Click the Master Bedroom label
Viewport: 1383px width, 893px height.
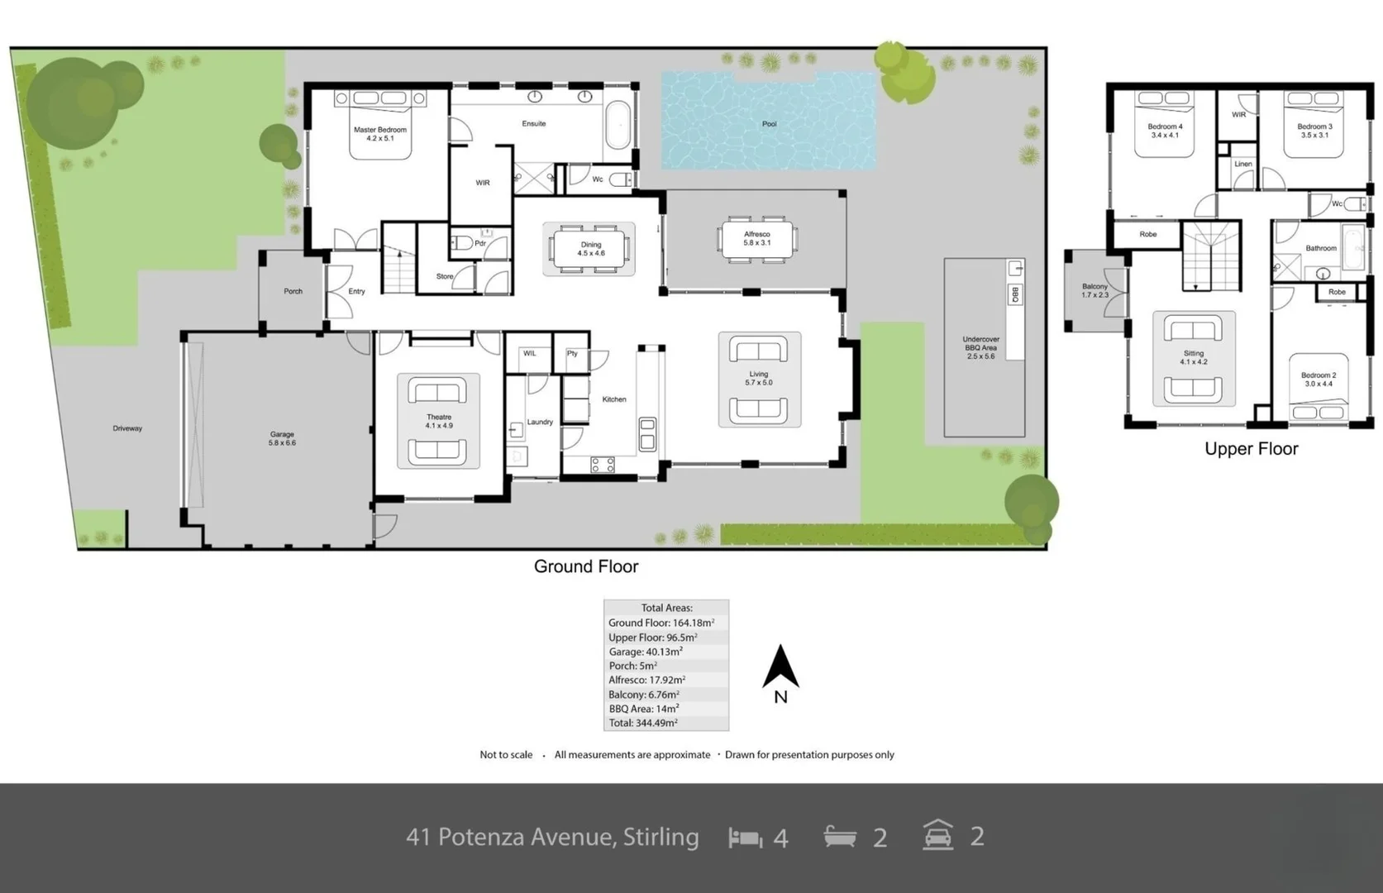click(379, 134)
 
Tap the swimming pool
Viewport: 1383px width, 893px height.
click(768, 121)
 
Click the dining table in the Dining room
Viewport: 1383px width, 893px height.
click(590, 249)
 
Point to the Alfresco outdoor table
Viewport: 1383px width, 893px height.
click(756, 239)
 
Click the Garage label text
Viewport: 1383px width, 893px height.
click(282, 438)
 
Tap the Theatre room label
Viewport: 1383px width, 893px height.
click(439, 421)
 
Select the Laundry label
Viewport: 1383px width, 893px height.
click(540, 422)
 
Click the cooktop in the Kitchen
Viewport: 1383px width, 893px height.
click(603, 465)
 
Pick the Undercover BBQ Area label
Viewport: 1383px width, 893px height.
click(980, 347)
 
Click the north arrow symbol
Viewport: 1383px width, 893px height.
click(780, 668)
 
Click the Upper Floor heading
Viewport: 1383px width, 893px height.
click(1251, 449)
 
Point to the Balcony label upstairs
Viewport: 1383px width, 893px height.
click(1094, 290)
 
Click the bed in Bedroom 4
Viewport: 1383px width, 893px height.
click(1165, 124)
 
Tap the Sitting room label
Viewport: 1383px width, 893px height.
click(1193, 357)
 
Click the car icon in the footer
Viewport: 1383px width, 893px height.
click(938, 835)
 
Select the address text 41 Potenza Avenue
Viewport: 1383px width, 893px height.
click(552, 837)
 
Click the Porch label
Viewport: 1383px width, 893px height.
click(293, 291)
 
